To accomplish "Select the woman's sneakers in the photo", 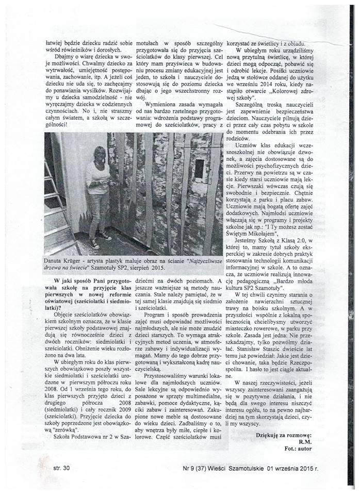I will point(101,240).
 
